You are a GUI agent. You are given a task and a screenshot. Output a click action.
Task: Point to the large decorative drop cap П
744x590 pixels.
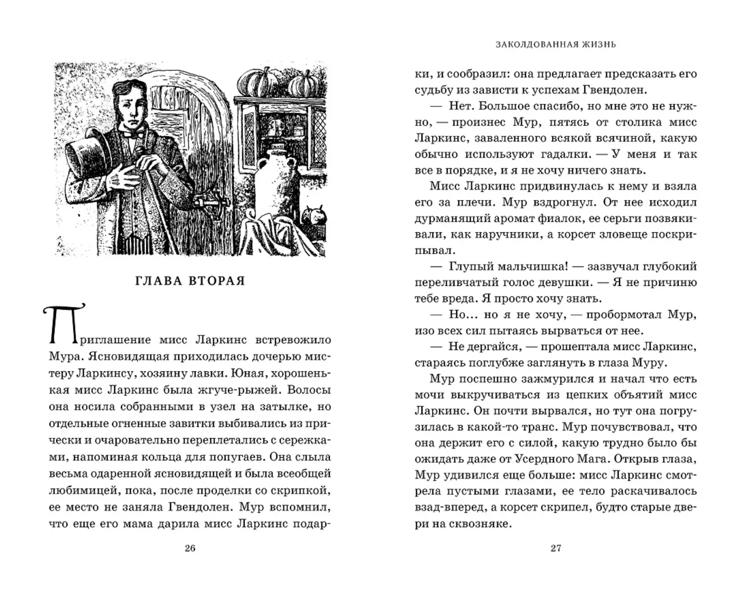(63, 324)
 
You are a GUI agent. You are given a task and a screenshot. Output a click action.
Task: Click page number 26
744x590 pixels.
(190, 548)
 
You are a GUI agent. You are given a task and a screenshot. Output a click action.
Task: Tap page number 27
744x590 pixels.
(556, 548)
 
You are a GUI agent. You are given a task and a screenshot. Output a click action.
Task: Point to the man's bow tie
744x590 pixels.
(135, 134)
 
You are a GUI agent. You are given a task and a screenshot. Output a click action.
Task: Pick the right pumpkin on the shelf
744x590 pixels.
(303, 84)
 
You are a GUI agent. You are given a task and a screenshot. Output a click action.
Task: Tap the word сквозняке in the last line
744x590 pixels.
(481, 524)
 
